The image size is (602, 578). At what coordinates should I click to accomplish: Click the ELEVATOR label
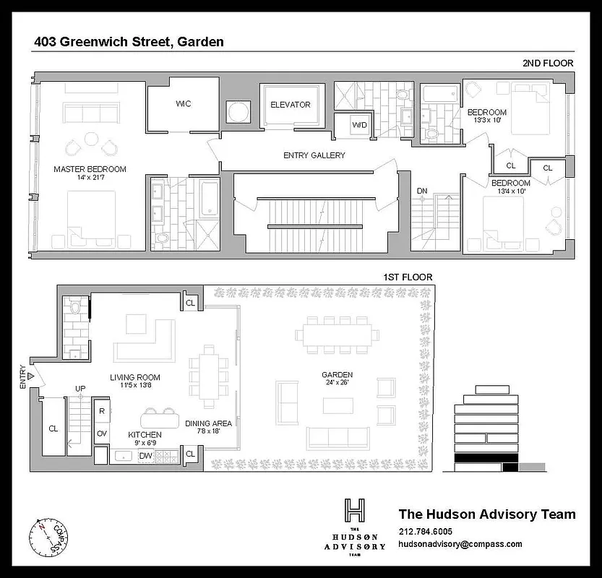(290, 105)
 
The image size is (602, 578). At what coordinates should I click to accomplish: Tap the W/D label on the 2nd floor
(359, 124)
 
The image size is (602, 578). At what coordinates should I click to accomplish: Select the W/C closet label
(183, 104)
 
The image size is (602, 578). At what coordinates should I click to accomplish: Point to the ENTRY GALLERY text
(314, 155)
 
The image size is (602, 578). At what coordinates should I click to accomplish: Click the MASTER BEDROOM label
(90, 170)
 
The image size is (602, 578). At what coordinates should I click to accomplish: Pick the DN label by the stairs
(423, 191)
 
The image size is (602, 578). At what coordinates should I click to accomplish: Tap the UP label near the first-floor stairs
(81, 389)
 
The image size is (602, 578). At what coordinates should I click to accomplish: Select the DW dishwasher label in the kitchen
(145, 455)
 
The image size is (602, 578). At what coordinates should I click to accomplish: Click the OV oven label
(102, 433)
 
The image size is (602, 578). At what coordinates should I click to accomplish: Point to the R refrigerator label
(102, 410)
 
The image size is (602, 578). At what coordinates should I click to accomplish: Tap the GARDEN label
(337, 375)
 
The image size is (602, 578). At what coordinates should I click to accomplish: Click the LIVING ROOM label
(135, 377)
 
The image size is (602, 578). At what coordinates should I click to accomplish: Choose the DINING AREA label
(208, 423)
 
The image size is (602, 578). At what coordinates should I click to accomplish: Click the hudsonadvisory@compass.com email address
(460, 545)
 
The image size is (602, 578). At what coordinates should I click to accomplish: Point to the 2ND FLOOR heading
(548, 63)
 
